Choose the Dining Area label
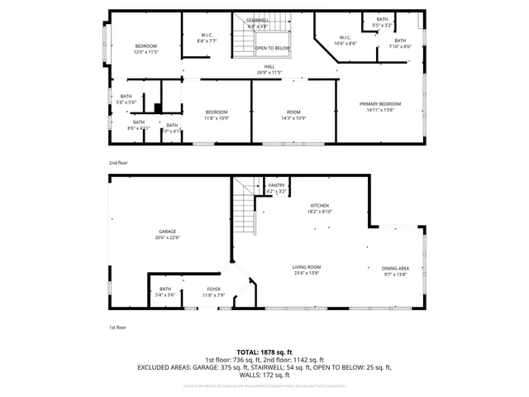click(x=395, y=270)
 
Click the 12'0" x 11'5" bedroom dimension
click(x=146, y=52)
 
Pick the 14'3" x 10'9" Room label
click(x=294, y=115)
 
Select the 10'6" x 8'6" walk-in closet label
click(x=346, y=40)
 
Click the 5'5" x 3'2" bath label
click(x=382, y=22)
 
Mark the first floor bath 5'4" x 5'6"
click(x=165, y=293)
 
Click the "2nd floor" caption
click(x=118, y=163)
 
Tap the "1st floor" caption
click(x=118, y=328)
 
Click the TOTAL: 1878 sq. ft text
click(x=264, y=352)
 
